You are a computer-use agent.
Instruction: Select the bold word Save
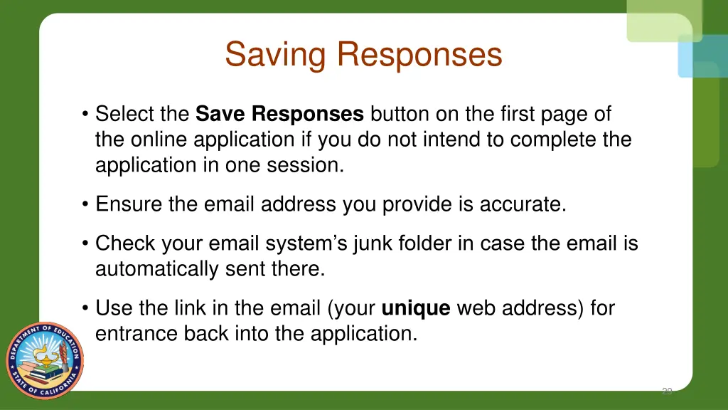pyautogui.click(x=221, y=114)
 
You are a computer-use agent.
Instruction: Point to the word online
pyautogui.click(x=163, y=140)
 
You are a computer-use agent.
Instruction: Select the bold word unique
pyautogui.click(x=416, y=309)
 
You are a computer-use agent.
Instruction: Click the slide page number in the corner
pyautogui.click(x=667, y=391)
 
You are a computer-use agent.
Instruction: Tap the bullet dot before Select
pyautogui.click(x=85, y=115)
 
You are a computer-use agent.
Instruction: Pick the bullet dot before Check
pyautogui.click(x=85, y=244)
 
